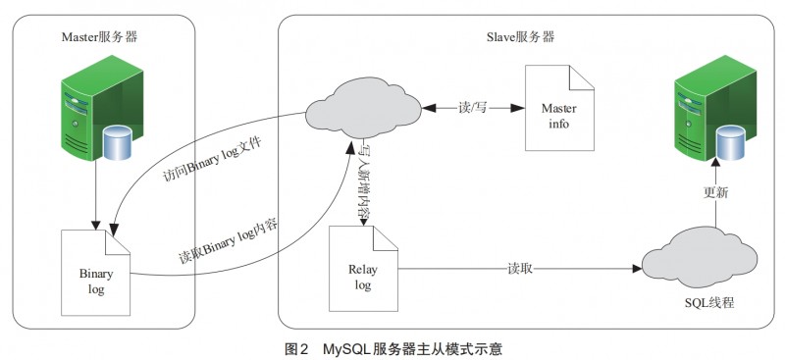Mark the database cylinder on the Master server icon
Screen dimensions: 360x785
118,145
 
